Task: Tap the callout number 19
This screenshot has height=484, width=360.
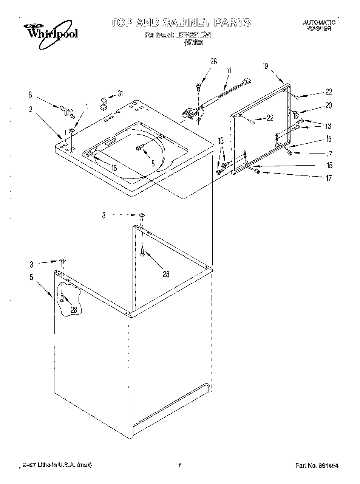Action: [265, 67]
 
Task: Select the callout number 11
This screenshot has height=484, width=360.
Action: [229, 70]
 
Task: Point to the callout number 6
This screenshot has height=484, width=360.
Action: [30, 95]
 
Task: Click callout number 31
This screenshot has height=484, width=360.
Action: [120, 93]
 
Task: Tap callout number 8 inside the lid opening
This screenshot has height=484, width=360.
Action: [153, 164]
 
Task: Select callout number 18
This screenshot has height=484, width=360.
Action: [113, 168]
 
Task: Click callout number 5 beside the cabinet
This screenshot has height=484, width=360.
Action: [31, 278]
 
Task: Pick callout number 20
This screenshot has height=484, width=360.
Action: [328, 106]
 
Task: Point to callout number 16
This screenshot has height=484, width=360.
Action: [328, 139]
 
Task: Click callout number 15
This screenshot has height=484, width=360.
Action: [329, 165]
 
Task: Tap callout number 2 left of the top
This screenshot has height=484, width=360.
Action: [31, 109]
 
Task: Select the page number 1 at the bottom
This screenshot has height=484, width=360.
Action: [180, 465]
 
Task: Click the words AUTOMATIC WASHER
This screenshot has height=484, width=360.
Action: [319, 26]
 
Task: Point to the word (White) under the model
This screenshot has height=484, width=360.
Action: [193, 42]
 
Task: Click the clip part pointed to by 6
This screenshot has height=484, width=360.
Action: [65, 110]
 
